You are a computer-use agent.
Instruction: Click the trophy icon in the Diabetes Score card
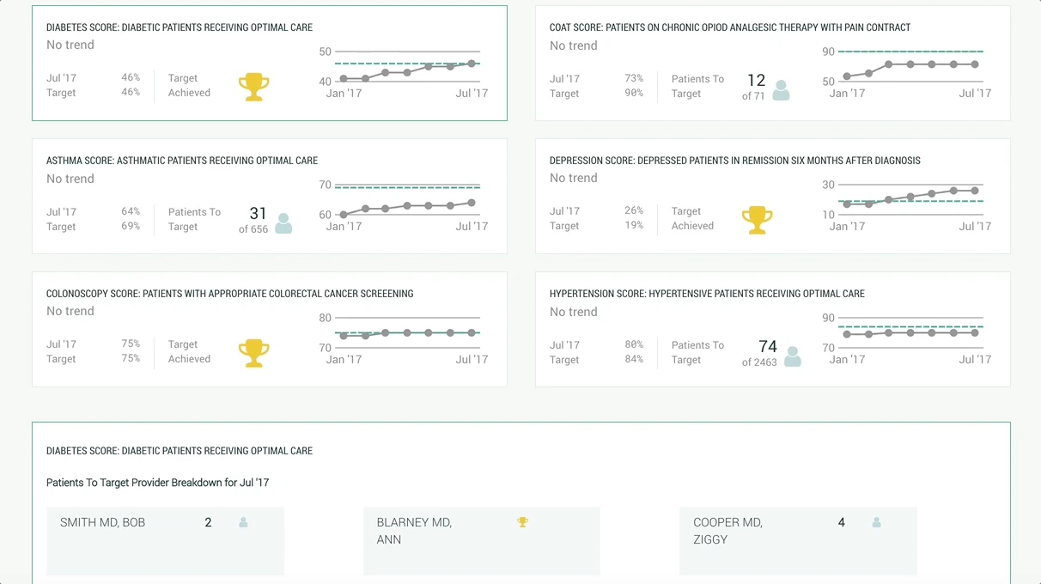(253, 87)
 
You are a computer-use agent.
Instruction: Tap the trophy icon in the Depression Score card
(757, 220)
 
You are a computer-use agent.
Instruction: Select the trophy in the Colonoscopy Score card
(253, 353)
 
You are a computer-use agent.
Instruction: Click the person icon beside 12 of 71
(781, 90)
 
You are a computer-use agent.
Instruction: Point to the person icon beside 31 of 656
(283, 223)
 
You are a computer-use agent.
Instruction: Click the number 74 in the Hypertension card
(768, 346)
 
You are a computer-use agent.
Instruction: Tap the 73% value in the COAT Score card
(633, 78)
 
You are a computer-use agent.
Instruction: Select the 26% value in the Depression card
(633, 210)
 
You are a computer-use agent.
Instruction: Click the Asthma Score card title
(182, 161)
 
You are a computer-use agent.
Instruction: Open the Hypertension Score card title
(707, 294)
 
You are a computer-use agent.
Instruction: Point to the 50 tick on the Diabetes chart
(325, 52)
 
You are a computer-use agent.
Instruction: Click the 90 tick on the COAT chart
(828, 52)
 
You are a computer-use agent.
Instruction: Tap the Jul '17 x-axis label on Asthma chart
(472, 227)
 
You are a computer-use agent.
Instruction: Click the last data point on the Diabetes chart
(472, 64)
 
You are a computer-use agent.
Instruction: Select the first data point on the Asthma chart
(344, 215)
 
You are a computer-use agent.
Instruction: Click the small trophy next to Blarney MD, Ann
(522, 521)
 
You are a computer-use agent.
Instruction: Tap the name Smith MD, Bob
(102, 522)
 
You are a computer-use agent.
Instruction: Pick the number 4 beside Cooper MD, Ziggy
(841, 522)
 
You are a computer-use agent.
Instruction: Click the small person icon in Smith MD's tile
(243, 522)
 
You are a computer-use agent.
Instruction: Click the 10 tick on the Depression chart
(828, 215)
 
